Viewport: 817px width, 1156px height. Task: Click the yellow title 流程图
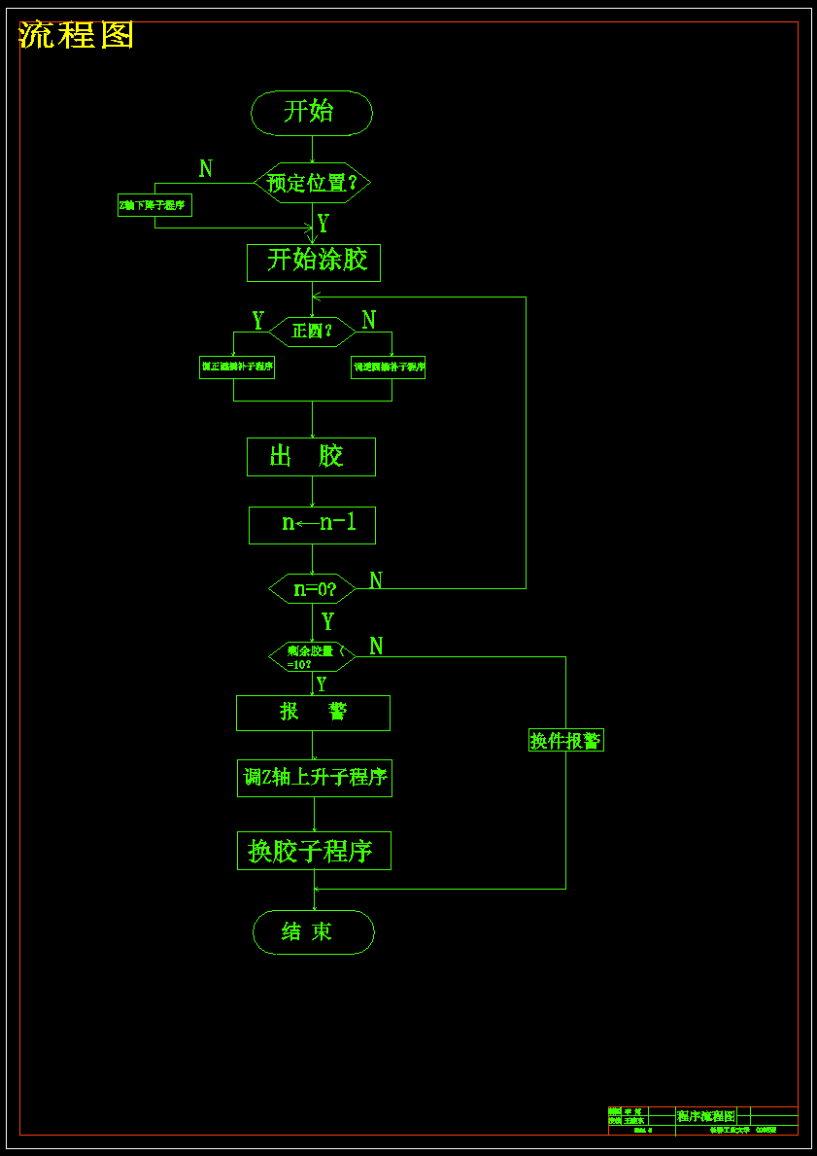tap(77, 35)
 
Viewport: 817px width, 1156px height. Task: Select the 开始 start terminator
tap(312, 113)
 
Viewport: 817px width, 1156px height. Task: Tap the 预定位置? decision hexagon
tap(312, 183)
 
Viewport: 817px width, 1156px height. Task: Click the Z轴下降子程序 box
tap(154, 205)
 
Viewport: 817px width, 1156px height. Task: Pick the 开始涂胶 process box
tap(314, 262)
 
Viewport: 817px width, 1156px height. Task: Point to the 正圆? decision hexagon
tap(312, 332)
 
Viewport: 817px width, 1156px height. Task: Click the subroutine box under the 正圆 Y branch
tap(236, 368)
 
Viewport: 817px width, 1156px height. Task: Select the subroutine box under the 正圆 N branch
tap(388, 368)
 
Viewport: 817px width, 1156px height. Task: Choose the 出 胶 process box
tap(311, 457)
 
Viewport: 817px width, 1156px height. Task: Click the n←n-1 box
tap(312, 525)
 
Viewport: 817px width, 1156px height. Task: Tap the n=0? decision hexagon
tap(312, 588)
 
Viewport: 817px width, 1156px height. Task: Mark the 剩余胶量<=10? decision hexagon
tap(312, 657)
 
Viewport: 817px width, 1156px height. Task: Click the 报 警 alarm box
tap(313, 713)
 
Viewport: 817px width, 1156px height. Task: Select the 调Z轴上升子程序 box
tap(315, 778)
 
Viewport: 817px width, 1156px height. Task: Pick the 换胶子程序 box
tap(314, 851)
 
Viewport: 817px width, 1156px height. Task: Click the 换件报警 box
tap(565, 741)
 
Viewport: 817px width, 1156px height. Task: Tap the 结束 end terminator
tap(313, 932)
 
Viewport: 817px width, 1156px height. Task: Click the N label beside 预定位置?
tap(206, 169)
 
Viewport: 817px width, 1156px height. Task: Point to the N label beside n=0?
tap(376, 580)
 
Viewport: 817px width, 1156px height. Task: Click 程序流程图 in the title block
tap(706, 1116)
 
